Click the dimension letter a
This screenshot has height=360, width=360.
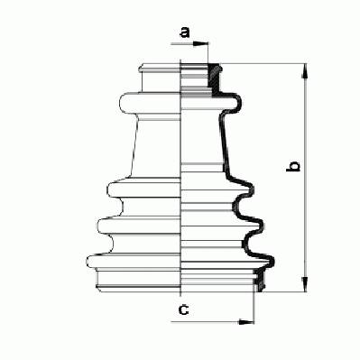tap(185, 32)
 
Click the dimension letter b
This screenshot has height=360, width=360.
tap(293, 166)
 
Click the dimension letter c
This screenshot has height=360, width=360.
tap(184, 309)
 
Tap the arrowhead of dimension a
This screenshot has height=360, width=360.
tap(200, 44)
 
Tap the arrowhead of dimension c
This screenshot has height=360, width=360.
tap(246, 322)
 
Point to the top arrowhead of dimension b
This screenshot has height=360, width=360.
tap(305, 71)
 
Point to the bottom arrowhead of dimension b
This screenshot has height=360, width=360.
tap(305, 284)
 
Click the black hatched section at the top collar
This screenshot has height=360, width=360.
tap(216, 79)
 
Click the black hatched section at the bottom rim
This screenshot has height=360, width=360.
tap(259, 281)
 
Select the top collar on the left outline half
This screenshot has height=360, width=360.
tap(160, 78)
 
